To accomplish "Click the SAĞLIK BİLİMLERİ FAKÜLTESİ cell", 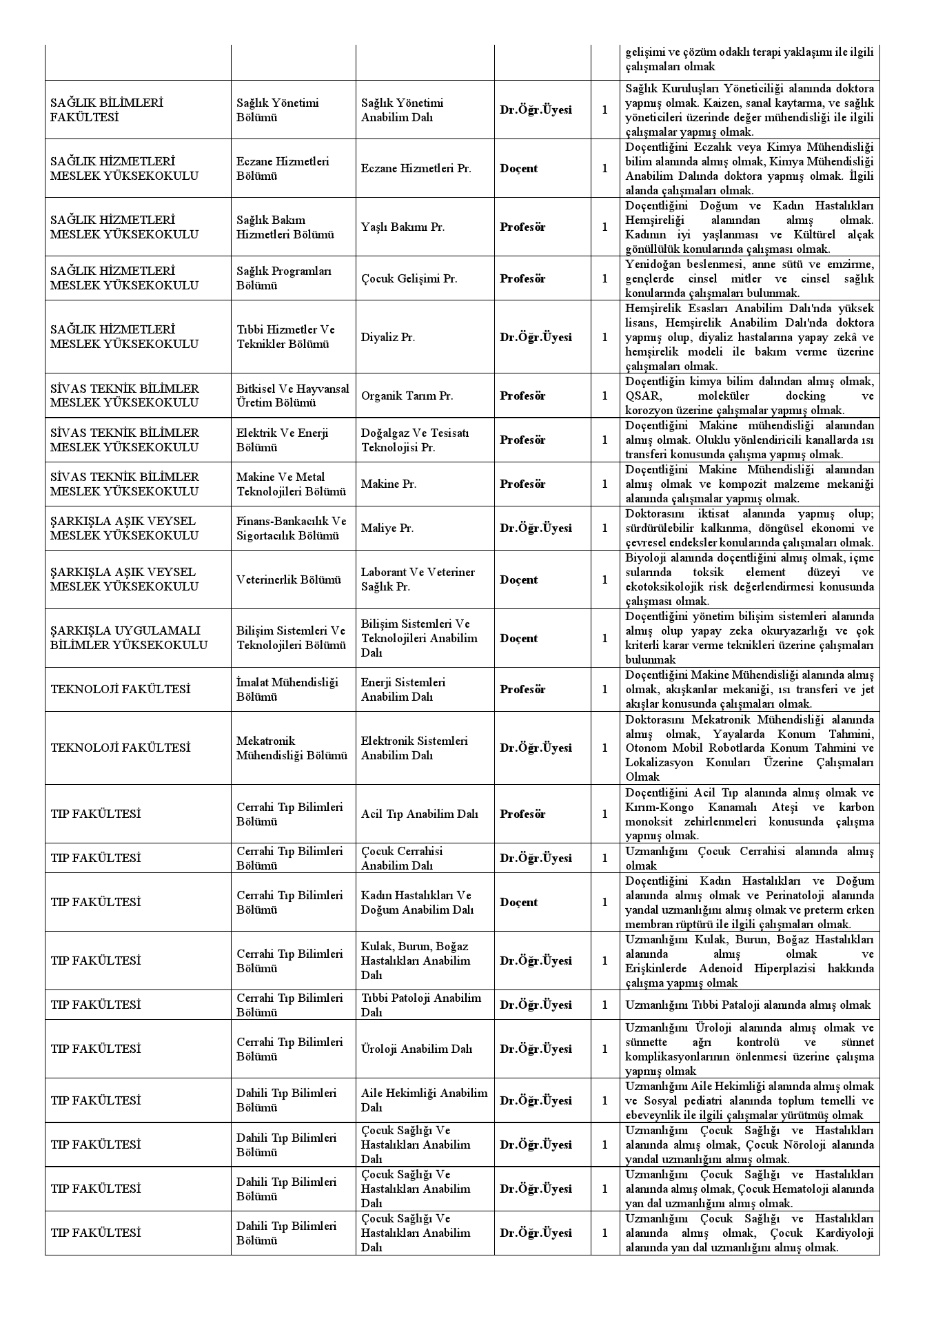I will (107, 110).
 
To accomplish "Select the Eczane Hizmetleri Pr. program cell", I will (416, 169).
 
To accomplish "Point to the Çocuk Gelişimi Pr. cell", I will (409, 279).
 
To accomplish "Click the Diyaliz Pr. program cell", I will (388, 338).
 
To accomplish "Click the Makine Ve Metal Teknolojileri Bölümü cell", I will (291, 484).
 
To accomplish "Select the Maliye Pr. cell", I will (387, 529).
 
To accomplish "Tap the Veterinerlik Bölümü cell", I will (288, 580).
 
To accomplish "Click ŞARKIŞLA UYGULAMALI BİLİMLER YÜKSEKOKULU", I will (129, 639).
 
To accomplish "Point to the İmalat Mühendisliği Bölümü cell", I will (287, 690).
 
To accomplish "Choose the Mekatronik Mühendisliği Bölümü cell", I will (292, 748).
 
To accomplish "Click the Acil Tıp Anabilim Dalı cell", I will (419, 814).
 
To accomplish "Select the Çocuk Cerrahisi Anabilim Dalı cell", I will (402, 859).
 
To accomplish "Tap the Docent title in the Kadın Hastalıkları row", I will (518, 903).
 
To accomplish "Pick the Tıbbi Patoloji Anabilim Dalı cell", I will (420, 1005).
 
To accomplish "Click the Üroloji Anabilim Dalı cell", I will (416, 1049).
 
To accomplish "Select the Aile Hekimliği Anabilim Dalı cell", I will (424, 1100).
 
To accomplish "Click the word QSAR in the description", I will (640, 396).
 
